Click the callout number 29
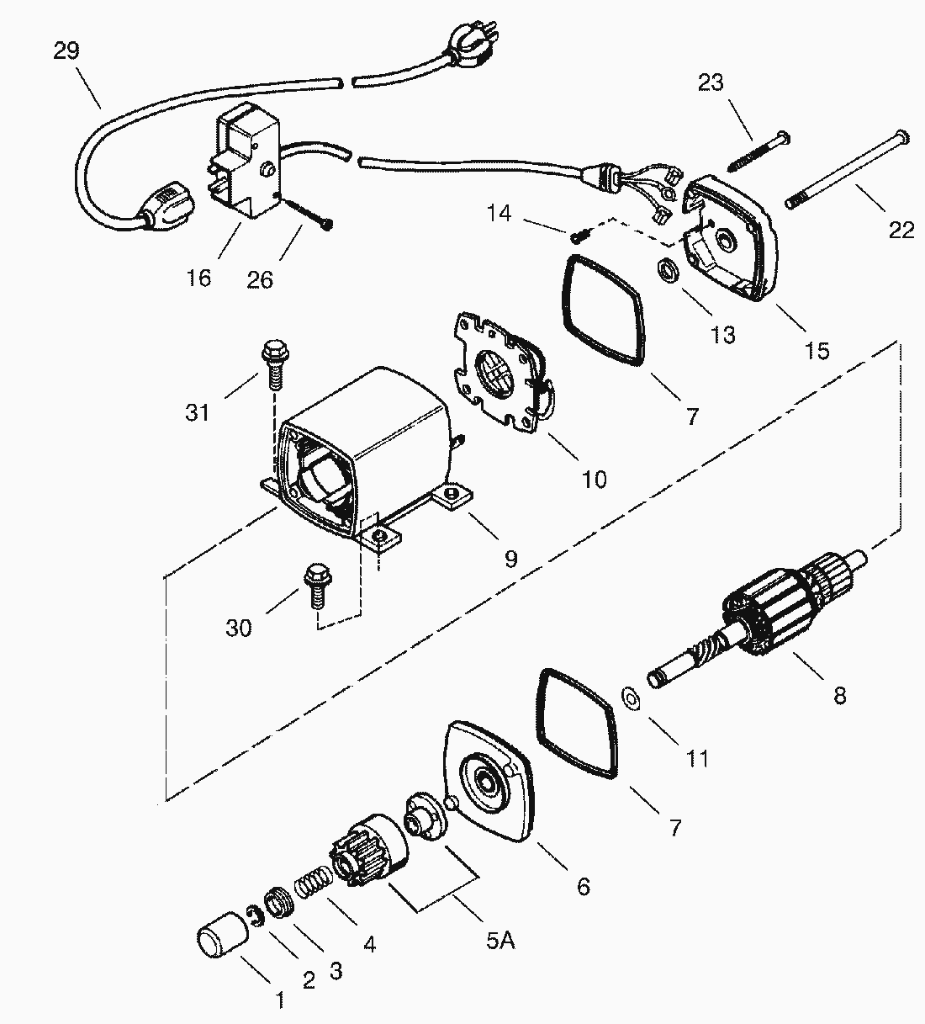(66, 51)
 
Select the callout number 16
(198, 279)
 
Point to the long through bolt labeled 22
(848, 169)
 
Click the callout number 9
(510, 560)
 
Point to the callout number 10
(595, 480)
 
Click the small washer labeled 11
(632, 699)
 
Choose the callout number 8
(840, 697)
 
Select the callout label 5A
(500, 941)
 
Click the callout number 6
(584, 887)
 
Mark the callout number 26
(260, 279)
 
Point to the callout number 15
(817, 351)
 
